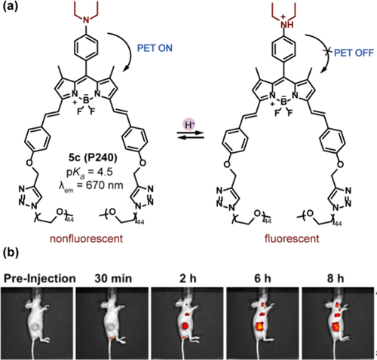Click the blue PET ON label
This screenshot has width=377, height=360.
pos(155,47)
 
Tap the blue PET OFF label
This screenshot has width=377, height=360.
pos(354,53)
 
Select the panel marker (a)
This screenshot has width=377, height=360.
pos(11,6)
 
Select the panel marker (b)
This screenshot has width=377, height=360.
pos(11,253)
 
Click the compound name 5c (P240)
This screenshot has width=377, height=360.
pos(93,157)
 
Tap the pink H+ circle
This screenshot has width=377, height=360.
pos(189,125)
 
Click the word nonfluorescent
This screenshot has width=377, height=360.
pos(86,239)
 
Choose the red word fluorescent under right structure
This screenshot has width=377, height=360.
pos(292,239)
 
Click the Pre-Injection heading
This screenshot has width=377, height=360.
pos(40,279)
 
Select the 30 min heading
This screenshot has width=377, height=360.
pos(113,279)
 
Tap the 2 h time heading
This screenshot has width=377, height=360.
pos(188,279)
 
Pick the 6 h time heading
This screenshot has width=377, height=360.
pos(262,279)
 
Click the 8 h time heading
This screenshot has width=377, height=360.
pos(336,279)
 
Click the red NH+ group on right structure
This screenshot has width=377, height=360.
pos(284,23)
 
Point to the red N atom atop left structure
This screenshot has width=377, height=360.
pos(86,20)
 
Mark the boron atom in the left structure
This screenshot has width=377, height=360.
pos(86,100)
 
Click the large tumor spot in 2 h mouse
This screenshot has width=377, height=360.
pos(185,326)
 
